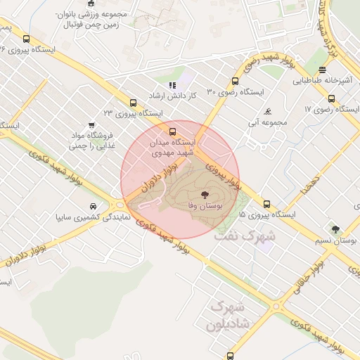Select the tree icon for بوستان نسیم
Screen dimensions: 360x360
point(335,229)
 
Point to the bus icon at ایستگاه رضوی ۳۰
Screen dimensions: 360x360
point(236,81)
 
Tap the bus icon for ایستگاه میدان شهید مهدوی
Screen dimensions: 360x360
point(172,131)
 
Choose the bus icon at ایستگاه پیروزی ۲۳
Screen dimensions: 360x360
point(133,101)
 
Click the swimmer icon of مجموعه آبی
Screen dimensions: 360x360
point(268,111)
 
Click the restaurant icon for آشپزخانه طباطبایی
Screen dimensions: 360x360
point(322,70)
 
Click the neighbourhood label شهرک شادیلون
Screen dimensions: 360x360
point(226,317)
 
